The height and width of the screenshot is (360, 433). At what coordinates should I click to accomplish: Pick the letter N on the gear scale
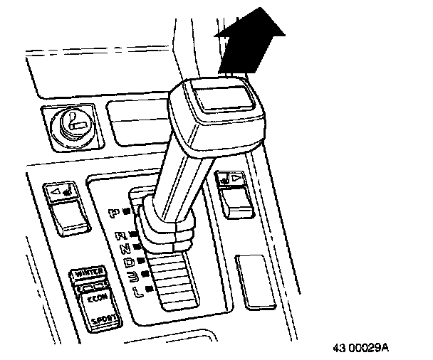(x=126, y=248)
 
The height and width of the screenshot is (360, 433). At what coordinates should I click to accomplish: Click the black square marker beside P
(x=125, y=211)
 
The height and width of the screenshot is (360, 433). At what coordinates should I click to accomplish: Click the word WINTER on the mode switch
(x=88, y=272)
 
